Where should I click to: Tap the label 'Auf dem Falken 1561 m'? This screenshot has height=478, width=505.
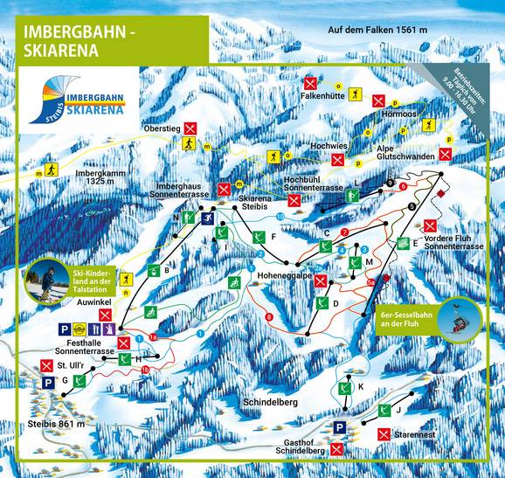coord(377,31)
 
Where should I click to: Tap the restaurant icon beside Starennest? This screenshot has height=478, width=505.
coord(384,434)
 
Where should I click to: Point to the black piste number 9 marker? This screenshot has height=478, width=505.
coord(390,182)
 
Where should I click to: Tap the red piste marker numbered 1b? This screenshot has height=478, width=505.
coord(145,370)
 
